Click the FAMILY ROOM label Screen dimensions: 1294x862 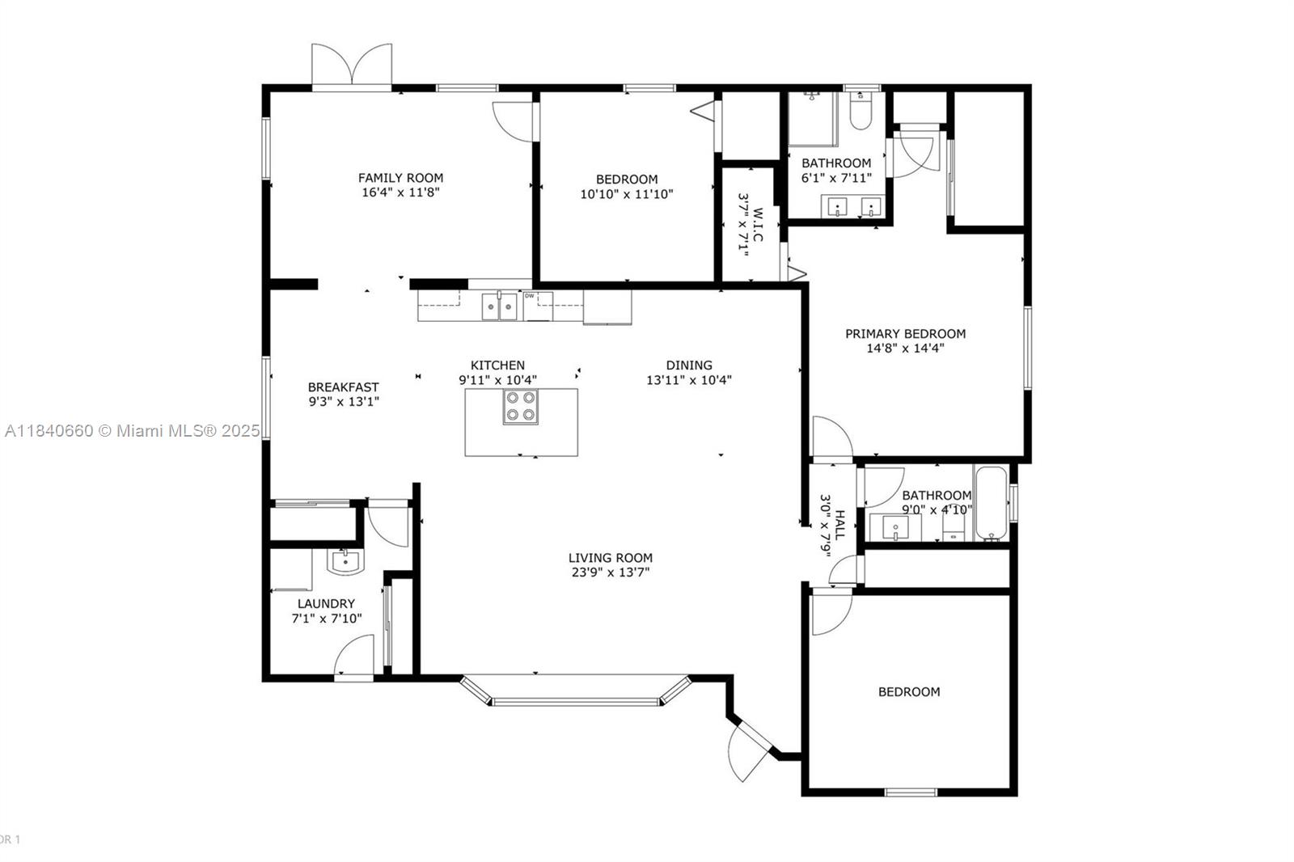400,178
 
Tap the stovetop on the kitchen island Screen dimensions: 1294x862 521,406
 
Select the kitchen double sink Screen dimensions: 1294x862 500,306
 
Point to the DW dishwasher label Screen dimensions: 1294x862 529,296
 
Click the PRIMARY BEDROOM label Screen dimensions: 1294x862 905,334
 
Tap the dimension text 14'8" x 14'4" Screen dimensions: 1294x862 905,349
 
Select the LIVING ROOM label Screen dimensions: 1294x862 611,558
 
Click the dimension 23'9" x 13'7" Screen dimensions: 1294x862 611,573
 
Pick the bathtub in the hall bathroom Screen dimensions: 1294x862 992,503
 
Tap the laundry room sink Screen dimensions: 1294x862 345,561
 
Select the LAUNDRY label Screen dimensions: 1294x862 327,604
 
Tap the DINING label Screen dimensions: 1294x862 689,366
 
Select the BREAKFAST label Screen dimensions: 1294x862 343,387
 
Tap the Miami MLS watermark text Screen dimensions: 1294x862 133,431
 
